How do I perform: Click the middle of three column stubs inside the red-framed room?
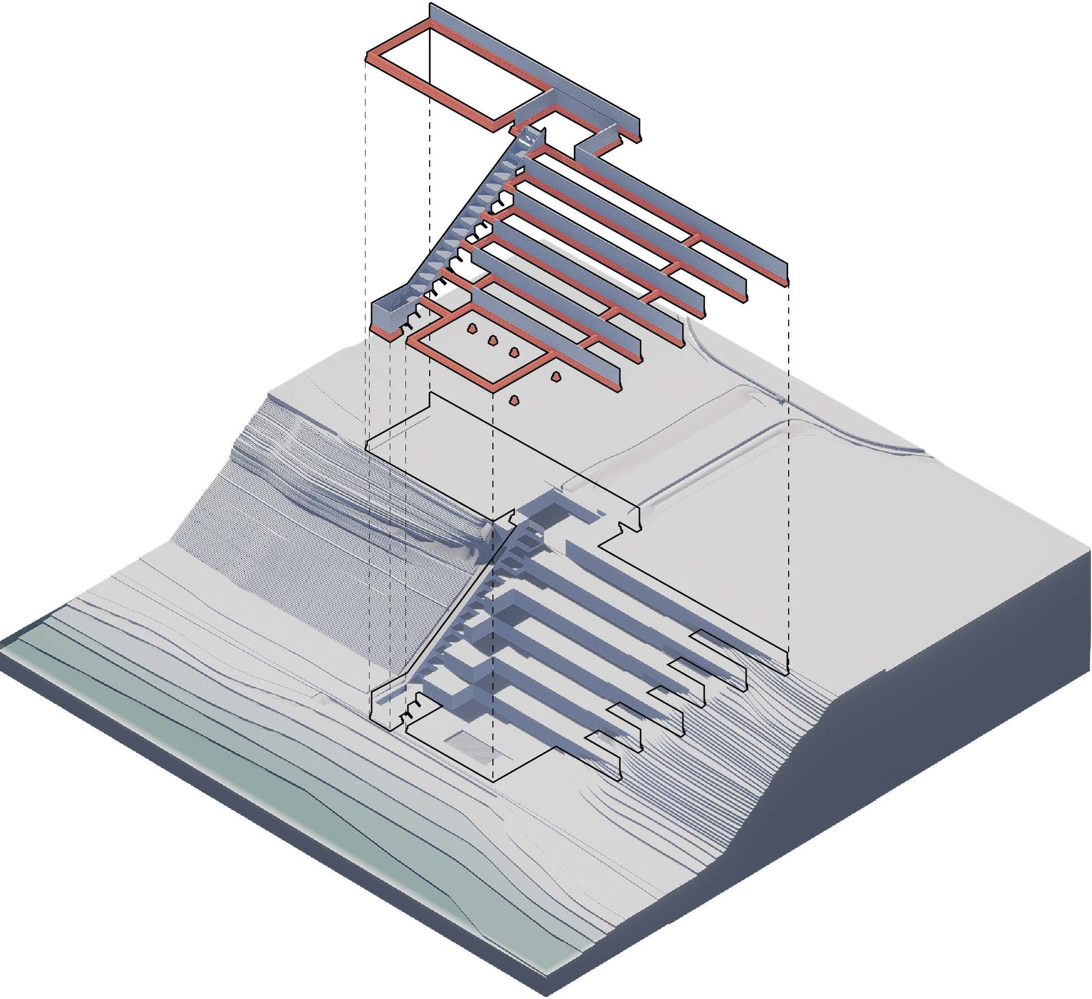(x=493, y=340)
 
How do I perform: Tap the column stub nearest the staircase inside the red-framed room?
(x=472, y=328)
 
